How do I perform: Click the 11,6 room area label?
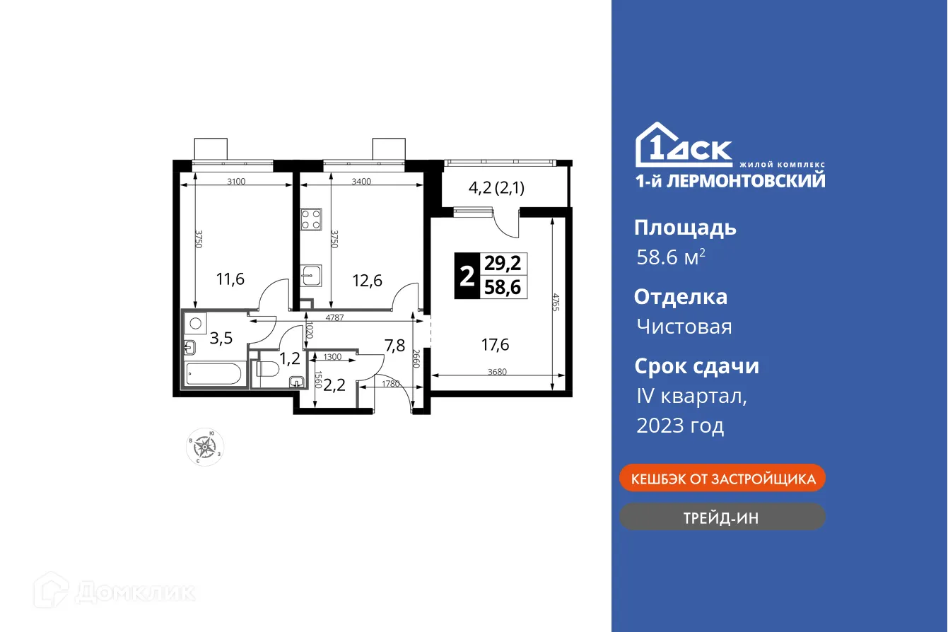pyautogui.click(x=230, y=280)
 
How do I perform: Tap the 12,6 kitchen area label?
pyautogui.click(x=368, y=281)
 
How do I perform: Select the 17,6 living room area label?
pyautogui.click(x=495, y=345)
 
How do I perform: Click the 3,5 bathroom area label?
pyautogui.click(x=222, y=337)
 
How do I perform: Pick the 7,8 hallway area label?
pyautogui.click(x=394, y=345)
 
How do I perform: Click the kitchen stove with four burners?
pyautogui.click(x=311, y=219)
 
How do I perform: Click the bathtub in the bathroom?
pyautogui.click(x=213, y=374)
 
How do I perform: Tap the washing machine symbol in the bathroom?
pyautogui.click(x=194, y=322)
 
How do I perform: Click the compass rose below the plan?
pyautogui.click(x=206, y=446)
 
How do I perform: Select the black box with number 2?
pyautogui.click(x=467, y=275)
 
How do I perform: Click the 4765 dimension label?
pyautogui.click(x=556, y=303)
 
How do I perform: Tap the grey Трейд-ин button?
pyautogui.click(x=722, y=517)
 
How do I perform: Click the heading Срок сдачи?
pyautogui.click(x=696, y=366)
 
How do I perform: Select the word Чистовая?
pyautogui.click(x=684, y=327)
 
